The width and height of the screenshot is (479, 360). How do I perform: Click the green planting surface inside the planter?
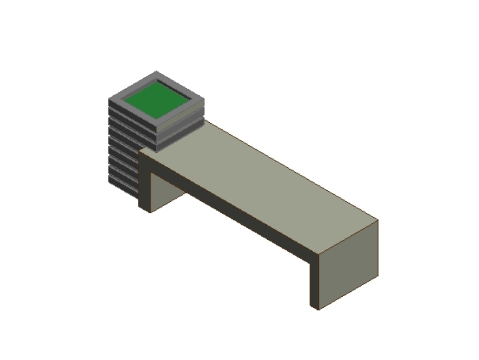157,100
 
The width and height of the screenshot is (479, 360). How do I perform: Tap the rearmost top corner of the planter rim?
156,72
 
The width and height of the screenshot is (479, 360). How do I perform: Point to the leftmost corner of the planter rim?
109,100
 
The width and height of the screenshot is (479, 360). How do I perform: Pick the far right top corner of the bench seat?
378,220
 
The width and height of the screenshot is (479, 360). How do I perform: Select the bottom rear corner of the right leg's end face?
378,277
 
